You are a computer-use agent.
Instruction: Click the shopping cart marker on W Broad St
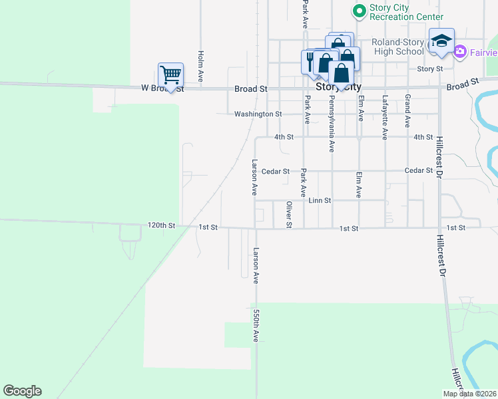(x=170, y=74)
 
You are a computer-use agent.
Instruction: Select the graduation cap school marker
(x=441, y=41)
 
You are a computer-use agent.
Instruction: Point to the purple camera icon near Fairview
(x=459, y=51)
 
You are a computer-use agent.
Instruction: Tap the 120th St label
(x=162, y=226)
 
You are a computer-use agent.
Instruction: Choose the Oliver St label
(x=289, y=214)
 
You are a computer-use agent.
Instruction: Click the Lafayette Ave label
(x=384, y=117)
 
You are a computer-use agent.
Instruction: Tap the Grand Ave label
(x=407, y=110)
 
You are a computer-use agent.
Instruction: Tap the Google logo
(x=22, y=391)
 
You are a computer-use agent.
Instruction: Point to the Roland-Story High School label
(x=397, y=47)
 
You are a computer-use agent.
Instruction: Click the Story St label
(x=429, y=68)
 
